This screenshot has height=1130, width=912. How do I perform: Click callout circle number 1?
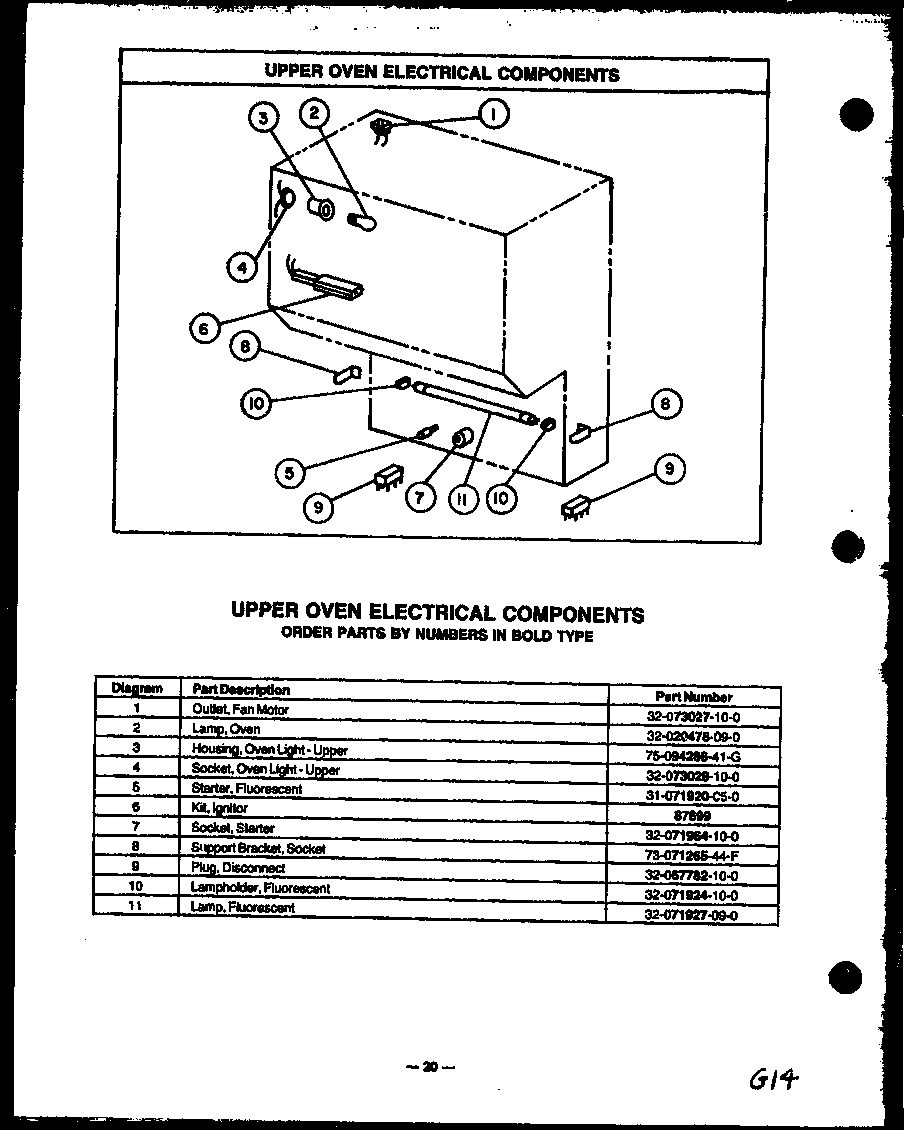point(493,115)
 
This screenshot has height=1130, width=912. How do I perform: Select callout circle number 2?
point(314,113)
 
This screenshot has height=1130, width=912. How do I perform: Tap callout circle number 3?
point(263,118)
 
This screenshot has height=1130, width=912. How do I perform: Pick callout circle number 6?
point(204,327)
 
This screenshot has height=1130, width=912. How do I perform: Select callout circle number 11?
point(462,499)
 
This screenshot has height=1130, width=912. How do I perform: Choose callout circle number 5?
point(289,472)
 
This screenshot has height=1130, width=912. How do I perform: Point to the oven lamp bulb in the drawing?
point(362,222)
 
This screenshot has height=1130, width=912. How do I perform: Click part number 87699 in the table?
point(696,815)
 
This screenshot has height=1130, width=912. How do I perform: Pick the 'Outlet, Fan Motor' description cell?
point(240,709)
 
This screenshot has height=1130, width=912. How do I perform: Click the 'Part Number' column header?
point(694,696)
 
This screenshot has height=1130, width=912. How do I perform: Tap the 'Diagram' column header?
point(137,688)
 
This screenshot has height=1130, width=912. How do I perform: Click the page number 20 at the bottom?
point(430,1067)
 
